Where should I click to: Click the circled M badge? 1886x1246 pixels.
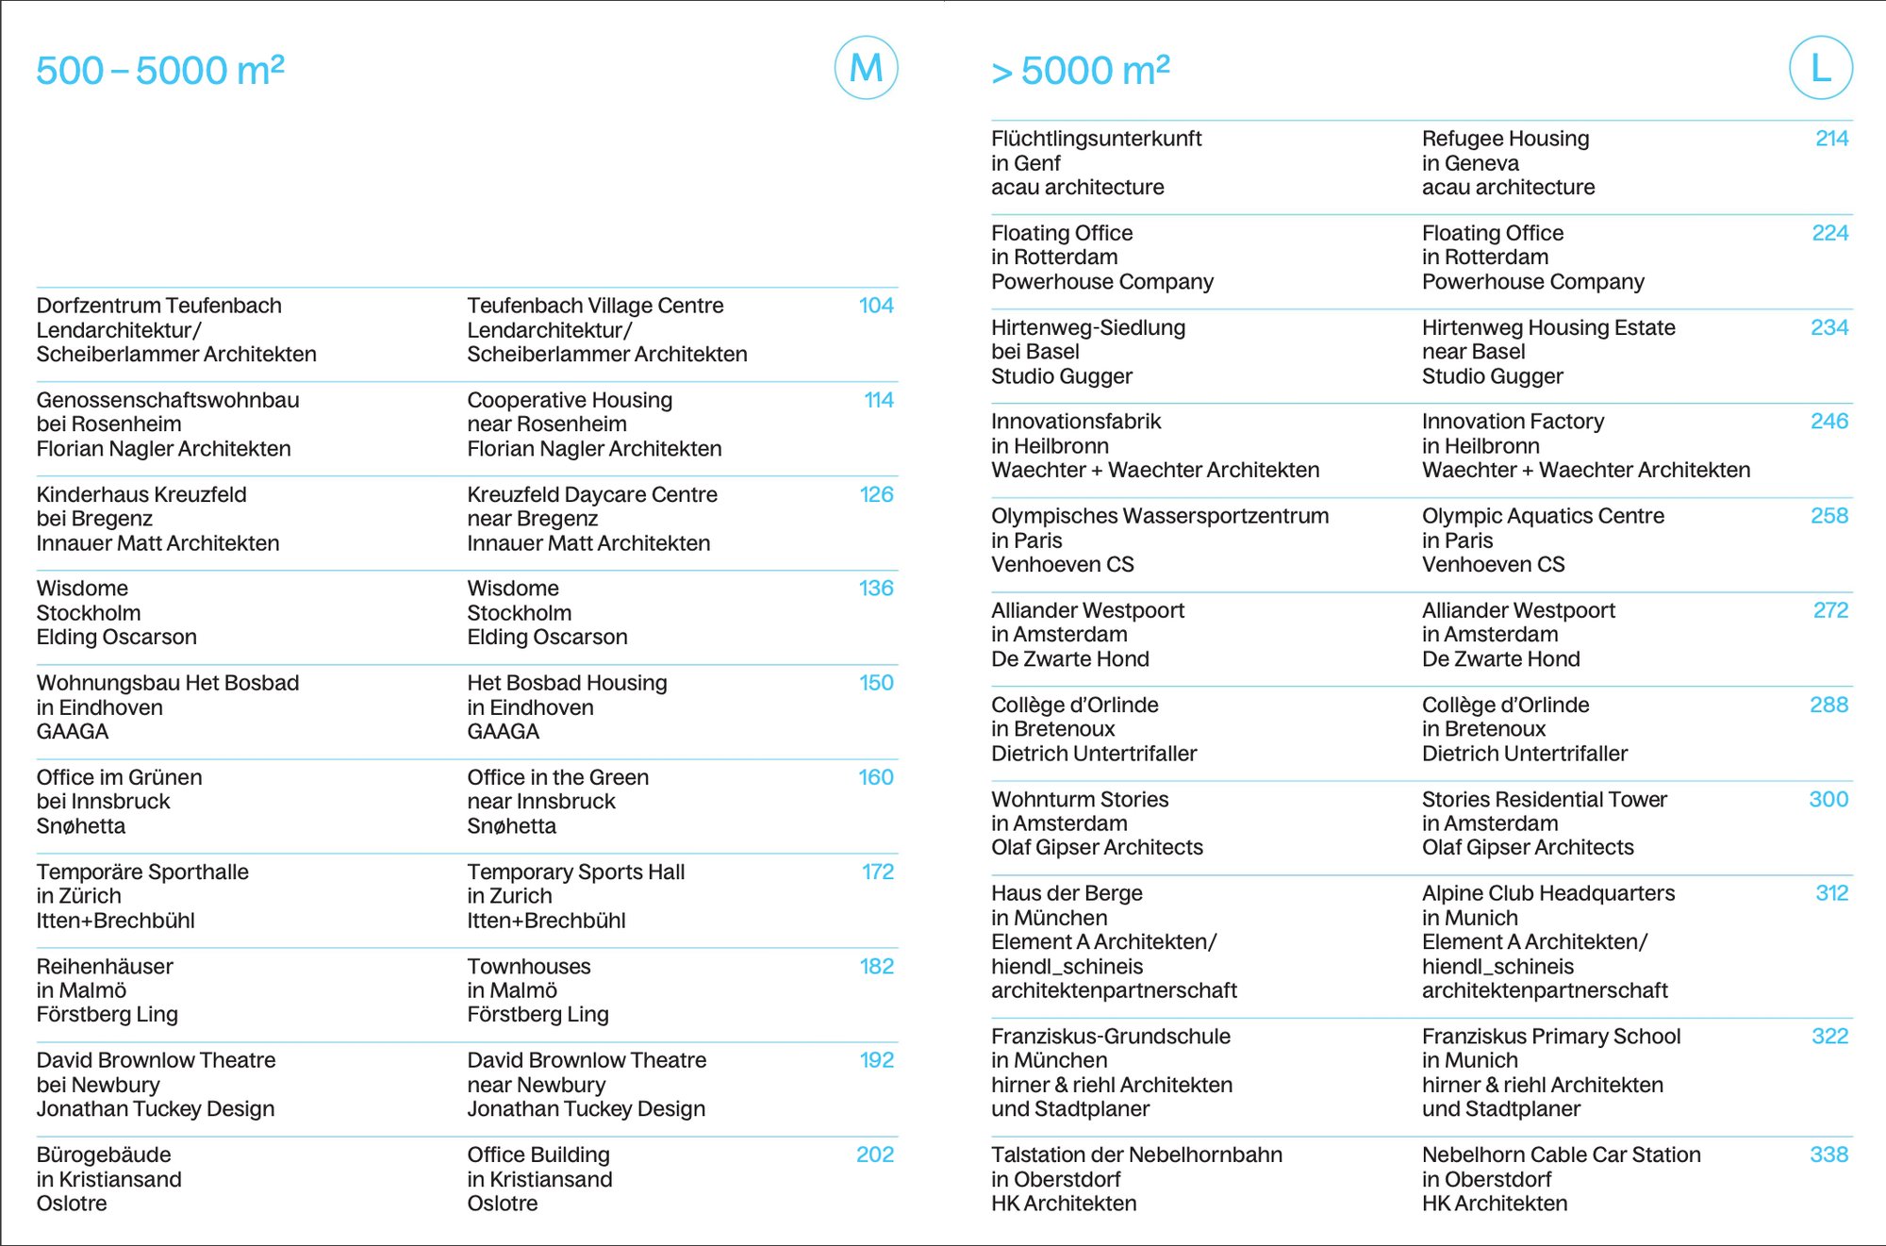866,68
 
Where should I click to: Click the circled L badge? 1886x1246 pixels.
1820,68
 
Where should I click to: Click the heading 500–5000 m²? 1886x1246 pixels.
160,71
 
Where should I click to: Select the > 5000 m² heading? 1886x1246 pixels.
1081,71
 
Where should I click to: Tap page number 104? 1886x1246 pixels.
876,306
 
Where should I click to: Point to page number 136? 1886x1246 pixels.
876,589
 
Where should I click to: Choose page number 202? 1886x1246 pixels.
875,1155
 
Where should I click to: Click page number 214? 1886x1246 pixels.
1831,139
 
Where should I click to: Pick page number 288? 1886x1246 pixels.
1828,705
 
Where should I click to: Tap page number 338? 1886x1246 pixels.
1828,1155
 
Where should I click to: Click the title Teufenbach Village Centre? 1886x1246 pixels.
595,306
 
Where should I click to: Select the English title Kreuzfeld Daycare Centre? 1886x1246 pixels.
592,494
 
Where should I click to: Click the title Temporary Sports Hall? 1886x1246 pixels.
575,872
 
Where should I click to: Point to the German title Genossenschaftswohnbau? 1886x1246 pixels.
168,400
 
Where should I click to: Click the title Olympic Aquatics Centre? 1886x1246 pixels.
1543,516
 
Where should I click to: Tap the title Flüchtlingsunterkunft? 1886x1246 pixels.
1096,139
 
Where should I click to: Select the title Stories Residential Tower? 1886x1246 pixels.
1544,799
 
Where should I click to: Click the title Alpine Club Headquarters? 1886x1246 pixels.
1548,893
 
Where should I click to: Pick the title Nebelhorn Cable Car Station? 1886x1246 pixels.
1561,1155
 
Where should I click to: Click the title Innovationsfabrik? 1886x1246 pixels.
1076,422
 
